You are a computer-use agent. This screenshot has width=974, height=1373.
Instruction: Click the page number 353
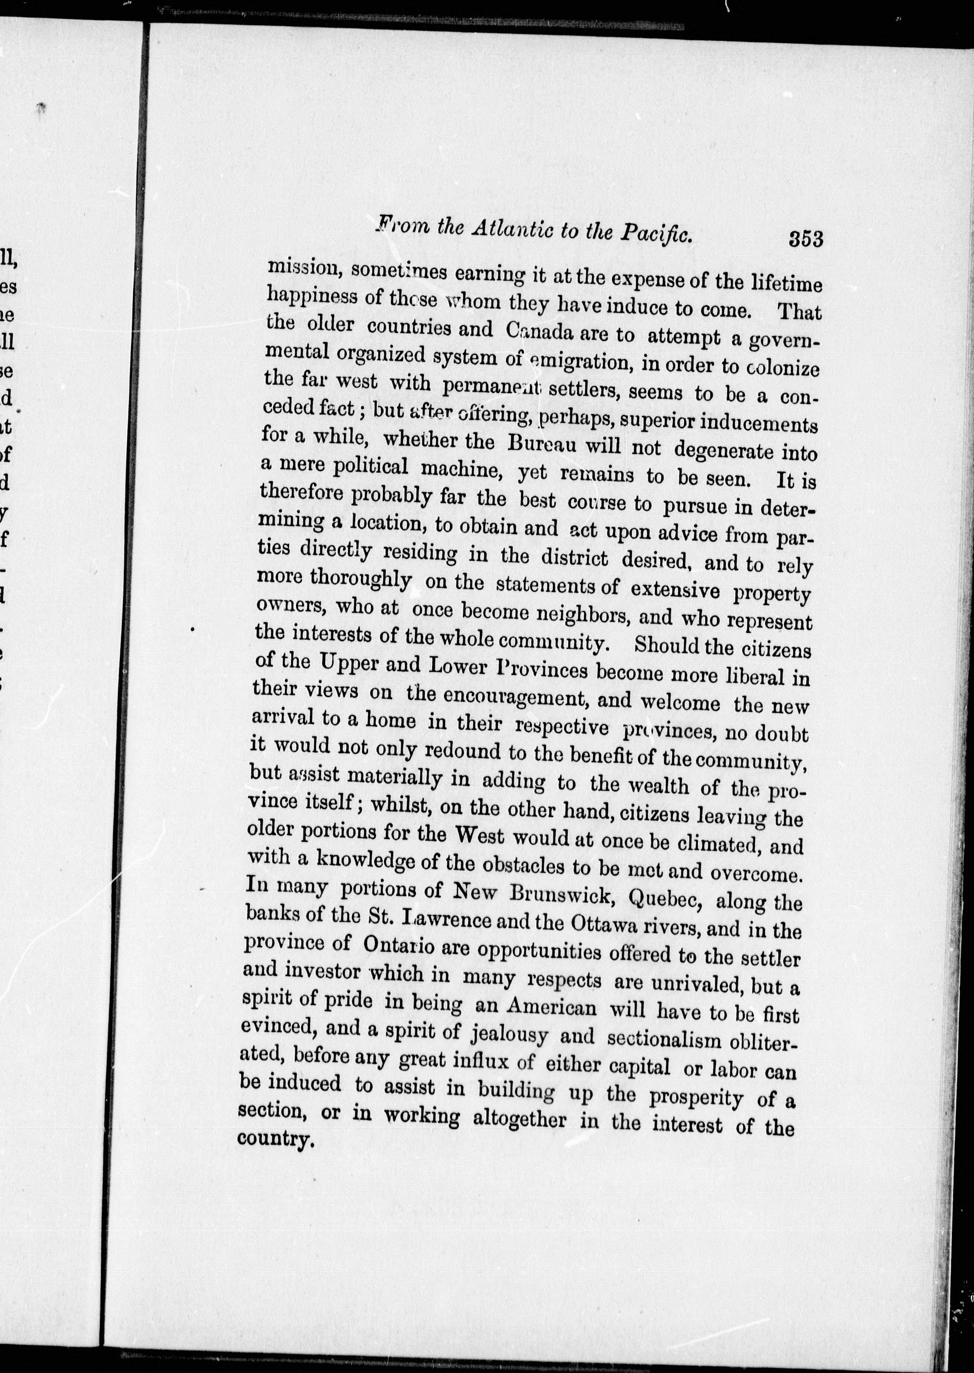(x=805, y=239)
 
